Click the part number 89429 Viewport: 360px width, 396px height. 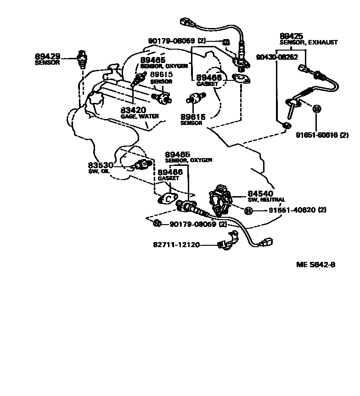pos(47,56)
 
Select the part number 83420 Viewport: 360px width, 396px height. pos(133,110)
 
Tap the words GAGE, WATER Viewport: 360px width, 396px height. pos(140,117)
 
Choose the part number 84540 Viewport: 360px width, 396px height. pos(261,194)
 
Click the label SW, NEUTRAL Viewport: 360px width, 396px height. pos(266,200)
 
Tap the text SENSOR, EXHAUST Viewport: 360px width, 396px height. pos(309,42)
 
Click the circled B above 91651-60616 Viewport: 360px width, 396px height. pos(316,109)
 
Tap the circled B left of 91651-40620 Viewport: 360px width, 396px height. pos(248,211)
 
